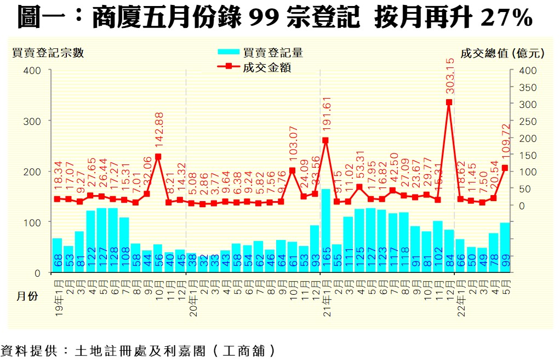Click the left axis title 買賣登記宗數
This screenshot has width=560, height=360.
point(49,53)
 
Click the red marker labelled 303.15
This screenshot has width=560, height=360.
point(449,102)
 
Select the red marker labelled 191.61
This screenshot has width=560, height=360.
point(325,140)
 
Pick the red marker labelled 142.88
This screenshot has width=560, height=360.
point(158,157)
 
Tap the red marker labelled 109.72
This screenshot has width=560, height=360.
point(505,168)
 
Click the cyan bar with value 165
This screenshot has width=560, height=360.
point(325,231)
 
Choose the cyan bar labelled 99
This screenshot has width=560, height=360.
point(505,247)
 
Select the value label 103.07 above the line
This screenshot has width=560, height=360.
point(292,145)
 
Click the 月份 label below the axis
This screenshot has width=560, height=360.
point(26,296)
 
